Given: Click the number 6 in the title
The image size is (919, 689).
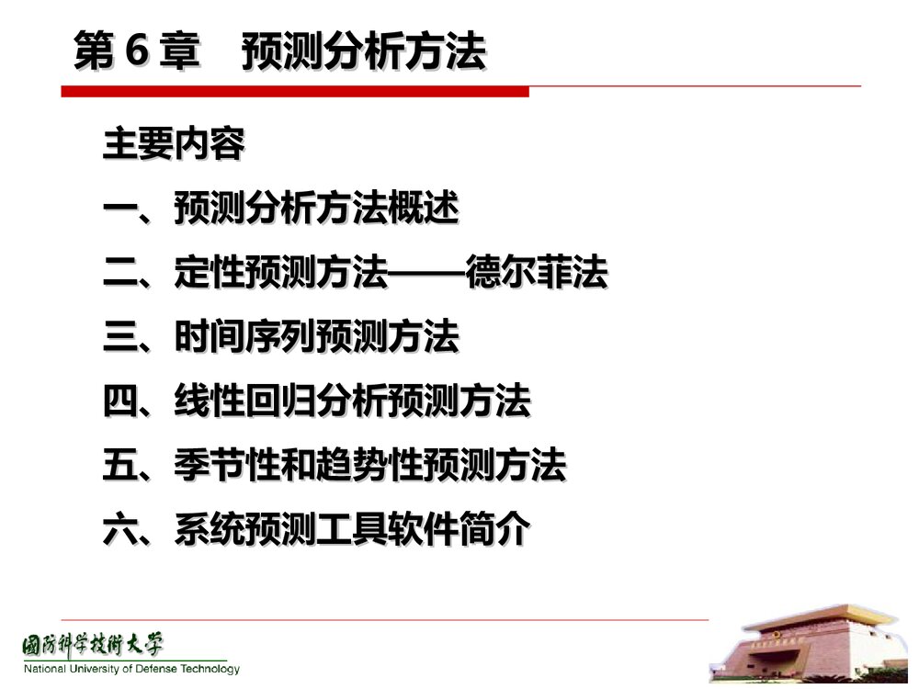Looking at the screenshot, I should click(136, 52).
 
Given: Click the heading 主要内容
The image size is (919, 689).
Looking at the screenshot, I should click(174, 145).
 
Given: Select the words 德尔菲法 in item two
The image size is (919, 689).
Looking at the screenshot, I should click(537, 274).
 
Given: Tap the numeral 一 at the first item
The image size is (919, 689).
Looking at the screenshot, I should click(119, 210).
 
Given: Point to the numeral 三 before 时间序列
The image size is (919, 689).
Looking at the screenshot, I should click(119, 338).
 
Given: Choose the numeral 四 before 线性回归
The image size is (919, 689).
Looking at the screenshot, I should click(119, 401).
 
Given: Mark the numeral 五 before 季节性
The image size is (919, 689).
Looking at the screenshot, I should click(119, 466).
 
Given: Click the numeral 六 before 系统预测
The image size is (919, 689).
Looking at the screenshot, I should click(119, 530).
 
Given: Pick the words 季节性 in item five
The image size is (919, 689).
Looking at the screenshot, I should click(227, 466).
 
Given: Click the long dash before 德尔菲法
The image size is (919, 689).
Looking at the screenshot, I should click(428, 274).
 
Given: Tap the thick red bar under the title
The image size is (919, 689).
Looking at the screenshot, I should click(295, 91).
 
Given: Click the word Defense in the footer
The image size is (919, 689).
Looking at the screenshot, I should click(152, 669).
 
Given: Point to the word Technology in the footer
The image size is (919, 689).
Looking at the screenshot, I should click(208, 669).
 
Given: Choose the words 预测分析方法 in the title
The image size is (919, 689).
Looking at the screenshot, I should click(363, 52).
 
